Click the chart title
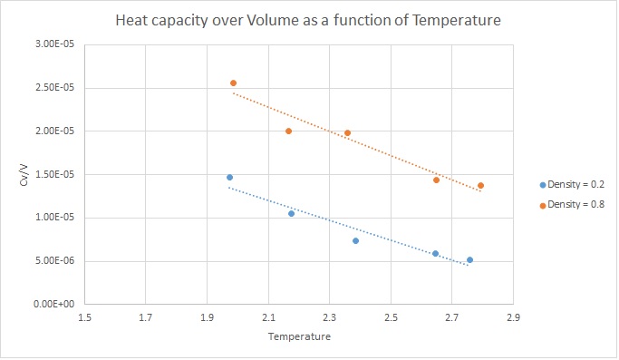pyautogui.click(x=308, y=20)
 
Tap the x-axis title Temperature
pyautogui.click(x=299, y=336)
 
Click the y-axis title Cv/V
pyautogui.click(x=24, y=175)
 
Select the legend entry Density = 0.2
pyautogui.click(x=572, y=185)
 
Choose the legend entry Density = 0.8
pyautogui.click(x=572, y=204)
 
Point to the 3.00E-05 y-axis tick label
pyautogui.click(x=54, y=44)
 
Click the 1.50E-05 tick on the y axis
pyautogui.click(x=54, y=174)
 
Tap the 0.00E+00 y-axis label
pyautogui.click(x=53, y=304)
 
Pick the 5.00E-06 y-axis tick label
pyautogui.click(x=54, y=261)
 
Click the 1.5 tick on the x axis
pyautogui.click(x=84, y=317)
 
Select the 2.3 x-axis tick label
pyautogui.click(x=330, y=317)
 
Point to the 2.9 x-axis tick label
pyautogui.click(x=513, y=317)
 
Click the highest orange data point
pyautogui.click(x=233, y=83)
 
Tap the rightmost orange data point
pyautogui.click(x=480, y=185)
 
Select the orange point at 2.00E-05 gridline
pyautogui.click(x=288, y=131)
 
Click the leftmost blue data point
pyautogui.click(x=230, y=177)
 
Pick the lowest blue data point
pyautogui.click(x=469, y=259)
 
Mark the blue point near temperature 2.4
pyautogui.click(x=355, y=240)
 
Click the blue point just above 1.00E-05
pyautogui.click(x=291, y=213)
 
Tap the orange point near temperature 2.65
pyautogui.click(x=436, y=180)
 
